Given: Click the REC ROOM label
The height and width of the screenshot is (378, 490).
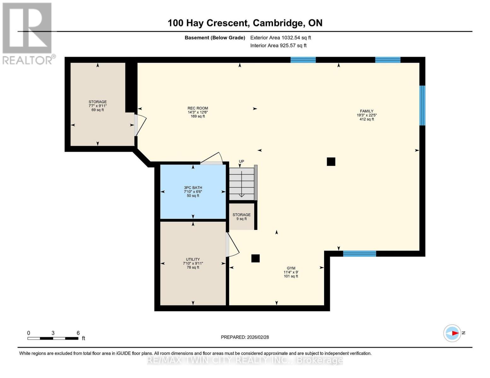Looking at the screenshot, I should pos(198,108).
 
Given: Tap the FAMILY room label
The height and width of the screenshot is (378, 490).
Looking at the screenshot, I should pos(367,111).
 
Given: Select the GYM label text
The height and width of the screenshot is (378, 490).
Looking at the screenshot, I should pos(291,268).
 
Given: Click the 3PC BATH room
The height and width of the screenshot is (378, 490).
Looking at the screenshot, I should pos(193,192).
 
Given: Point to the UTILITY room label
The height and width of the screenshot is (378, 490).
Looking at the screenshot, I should pos(193,260).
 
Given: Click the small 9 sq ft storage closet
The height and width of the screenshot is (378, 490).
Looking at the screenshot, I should pos(241,217).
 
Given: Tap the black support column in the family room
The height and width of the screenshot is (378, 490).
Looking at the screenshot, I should pos(331,162).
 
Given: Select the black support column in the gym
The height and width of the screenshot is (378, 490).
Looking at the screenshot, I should pos(255,258).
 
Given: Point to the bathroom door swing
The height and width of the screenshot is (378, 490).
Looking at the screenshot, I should pos(212,159).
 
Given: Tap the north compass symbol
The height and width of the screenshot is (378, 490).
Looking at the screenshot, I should pos(452,333).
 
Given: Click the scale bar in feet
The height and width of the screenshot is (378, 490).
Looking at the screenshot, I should pos(53,338).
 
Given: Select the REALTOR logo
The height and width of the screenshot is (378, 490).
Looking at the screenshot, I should pos(27,33).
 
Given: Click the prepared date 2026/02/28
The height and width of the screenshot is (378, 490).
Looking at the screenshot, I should pos(245,337).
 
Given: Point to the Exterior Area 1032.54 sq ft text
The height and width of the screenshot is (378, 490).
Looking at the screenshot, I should pos(281,37).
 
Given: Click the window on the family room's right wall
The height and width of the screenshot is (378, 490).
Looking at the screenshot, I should pos(422,106).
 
